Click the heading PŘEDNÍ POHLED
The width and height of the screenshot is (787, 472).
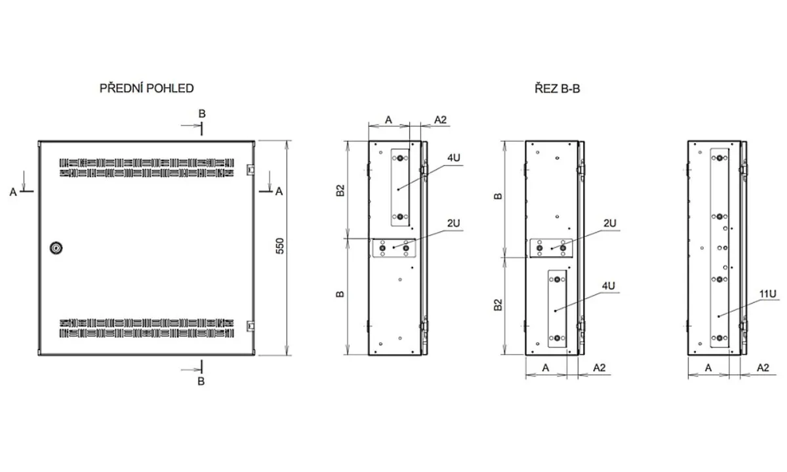pyautogui.click(x=146, y=88)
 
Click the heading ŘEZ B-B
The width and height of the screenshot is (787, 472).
pyautogui.click(x=557, y=88)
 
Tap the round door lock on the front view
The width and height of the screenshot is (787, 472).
pyautogui.click(x=56, y=248)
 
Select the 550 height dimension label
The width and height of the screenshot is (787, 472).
pyautogui.click(x=279, y=246)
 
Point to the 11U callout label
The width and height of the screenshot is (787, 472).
pyautogui.click(x=768, y=294)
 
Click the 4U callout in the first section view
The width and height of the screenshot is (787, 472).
pyautogui.click(x=454, y=158)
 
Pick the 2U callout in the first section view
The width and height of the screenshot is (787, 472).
pyautogui.click(x=454, y=224)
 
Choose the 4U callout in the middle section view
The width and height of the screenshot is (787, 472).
pyautogui.click(x=609, y=286)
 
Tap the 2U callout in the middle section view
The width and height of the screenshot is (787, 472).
pyautogui.click(x=610, y=224)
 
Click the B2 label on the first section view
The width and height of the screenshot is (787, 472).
pyautogui.click(x=340, y=190)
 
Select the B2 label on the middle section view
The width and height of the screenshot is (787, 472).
pyautogui.click(x=498, y=304)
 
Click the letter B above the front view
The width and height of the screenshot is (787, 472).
pyautogui.click(x=202, y=114)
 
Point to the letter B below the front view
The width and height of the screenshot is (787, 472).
pyautogui.click(x=201, y=381)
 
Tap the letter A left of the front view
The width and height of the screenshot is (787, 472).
pyautogui.click(x=13, y=192)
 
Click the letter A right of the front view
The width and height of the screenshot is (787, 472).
pyautogui.click(x=279, y=191)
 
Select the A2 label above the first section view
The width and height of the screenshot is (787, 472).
pyautogui.click(x=440, y=120)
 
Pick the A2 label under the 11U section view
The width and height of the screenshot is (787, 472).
pyautogui.click(x=763, y=368)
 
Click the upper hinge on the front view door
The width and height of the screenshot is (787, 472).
pyautogui.click(x=251, y=170)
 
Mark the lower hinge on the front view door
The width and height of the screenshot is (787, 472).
pyautogui.click(x=251, y=326)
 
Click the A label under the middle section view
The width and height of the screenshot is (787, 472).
pyautogui.click(x=545, y=368)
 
